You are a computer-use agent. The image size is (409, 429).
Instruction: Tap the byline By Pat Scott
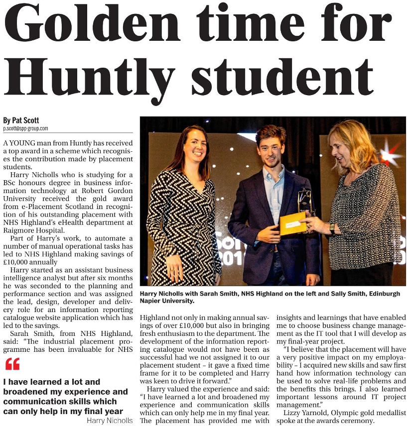pos(20,120)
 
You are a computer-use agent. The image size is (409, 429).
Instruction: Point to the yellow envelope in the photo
pos(292,223)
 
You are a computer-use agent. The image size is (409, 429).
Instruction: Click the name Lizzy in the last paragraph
pos(292,413)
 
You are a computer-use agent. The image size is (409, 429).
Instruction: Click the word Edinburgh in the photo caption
pos(381,294)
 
